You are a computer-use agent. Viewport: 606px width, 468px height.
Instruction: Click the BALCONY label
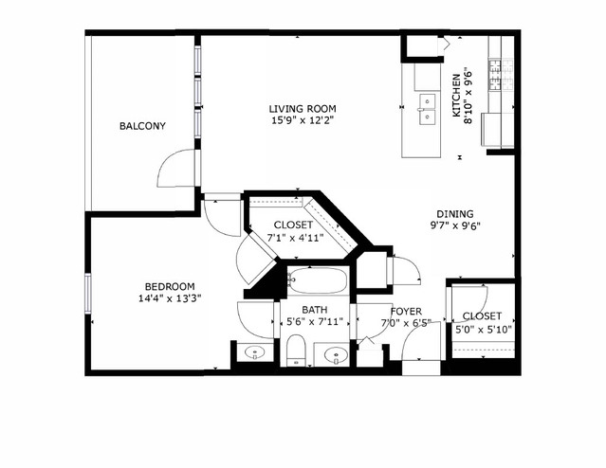point(143,126)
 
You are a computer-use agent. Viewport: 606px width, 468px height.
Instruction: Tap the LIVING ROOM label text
point(303,108)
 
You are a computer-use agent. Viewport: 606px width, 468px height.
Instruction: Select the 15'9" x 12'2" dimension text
point(303,120)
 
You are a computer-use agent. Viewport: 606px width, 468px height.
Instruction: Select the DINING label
point(455,214)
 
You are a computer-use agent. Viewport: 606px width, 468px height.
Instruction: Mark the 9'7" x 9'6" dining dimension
point(455,226)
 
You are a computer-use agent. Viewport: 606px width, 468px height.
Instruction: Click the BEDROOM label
point(170,287)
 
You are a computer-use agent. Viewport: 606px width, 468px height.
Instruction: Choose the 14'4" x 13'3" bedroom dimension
point(170,299)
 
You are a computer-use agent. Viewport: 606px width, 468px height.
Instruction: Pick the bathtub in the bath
point(318,281)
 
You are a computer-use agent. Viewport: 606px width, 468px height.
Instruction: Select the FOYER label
point(405,311)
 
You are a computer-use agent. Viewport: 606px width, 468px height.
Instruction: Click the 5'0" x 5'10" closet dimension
point(483,329)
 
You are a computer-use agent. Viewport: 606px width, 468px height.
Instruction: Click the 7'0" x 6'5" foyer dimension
point(405,323)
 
